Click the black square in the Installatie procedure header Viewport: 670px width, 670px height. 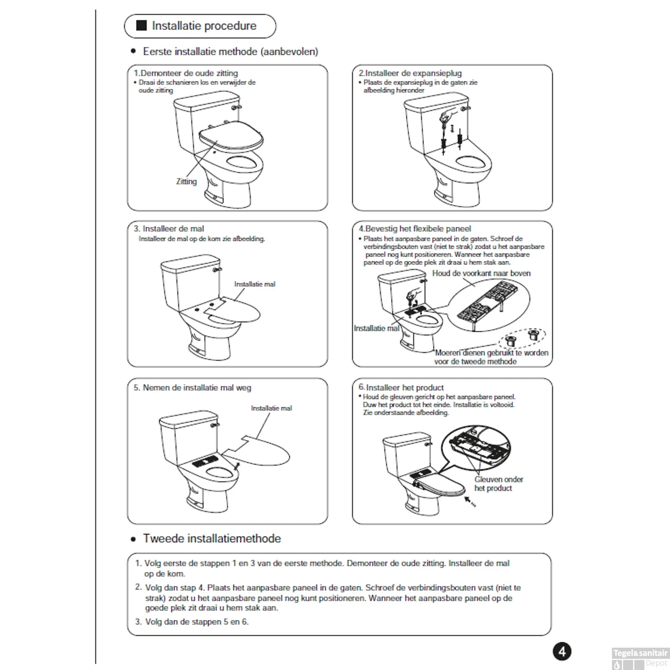pyautogui.click(x=141, y=25)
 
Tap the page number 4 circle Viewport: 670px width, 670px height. pyautogui.click(x=561, y=651)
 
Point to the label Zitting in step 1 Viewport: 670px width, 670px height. pyautogui.click(x=186, y=181)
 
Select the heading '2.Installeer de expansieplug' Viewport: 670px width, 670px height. pyautogui.click(x=410, y=73)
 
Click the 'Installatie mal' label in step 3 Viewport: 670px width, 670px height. pyautogui.click(x=255, y=284)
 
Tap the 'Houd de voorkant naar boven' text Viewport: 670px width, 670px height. pyautogui.click(x=481, y=273)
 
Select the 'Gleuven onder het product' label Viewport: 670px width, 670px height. pyautogui.click(x=498, y=484)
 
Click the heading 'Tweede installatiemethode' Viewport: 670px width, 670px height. pyautogui.click(x=212, y=539)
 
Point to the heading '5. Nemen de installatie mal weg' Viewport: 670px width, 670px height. pyautogui.click(x=193, y=388)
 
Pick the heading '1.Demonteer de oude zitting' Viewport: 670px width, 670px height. pyautogui.click(x=186, y=73)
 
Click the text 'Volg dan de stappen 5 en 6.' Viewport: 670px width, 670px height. pyautogui.click(x=197, y=622)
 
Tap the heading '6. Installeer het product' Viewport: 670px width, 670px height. pyautogui.click(x=401, y=388)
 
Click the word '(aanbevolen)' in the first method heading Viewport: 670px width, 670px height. pyautogui.click(x=289, y=52)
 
